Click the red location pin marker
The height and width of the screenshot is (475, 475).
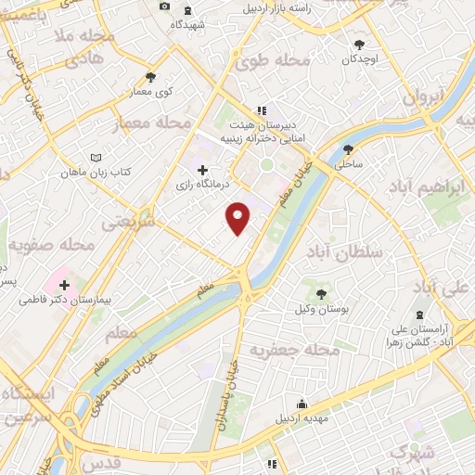[x=239, y=217]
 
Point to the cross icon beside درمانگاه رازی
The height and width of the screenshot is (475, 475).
[x=202, y=169]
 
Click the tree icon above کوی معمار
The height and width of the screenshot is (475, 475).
[x=150, y=77]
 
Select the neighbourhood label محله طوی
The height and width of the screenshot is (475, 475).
[x=272, y=62]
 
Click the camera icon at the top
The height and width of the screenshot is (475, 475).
[x=164, y=6]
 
